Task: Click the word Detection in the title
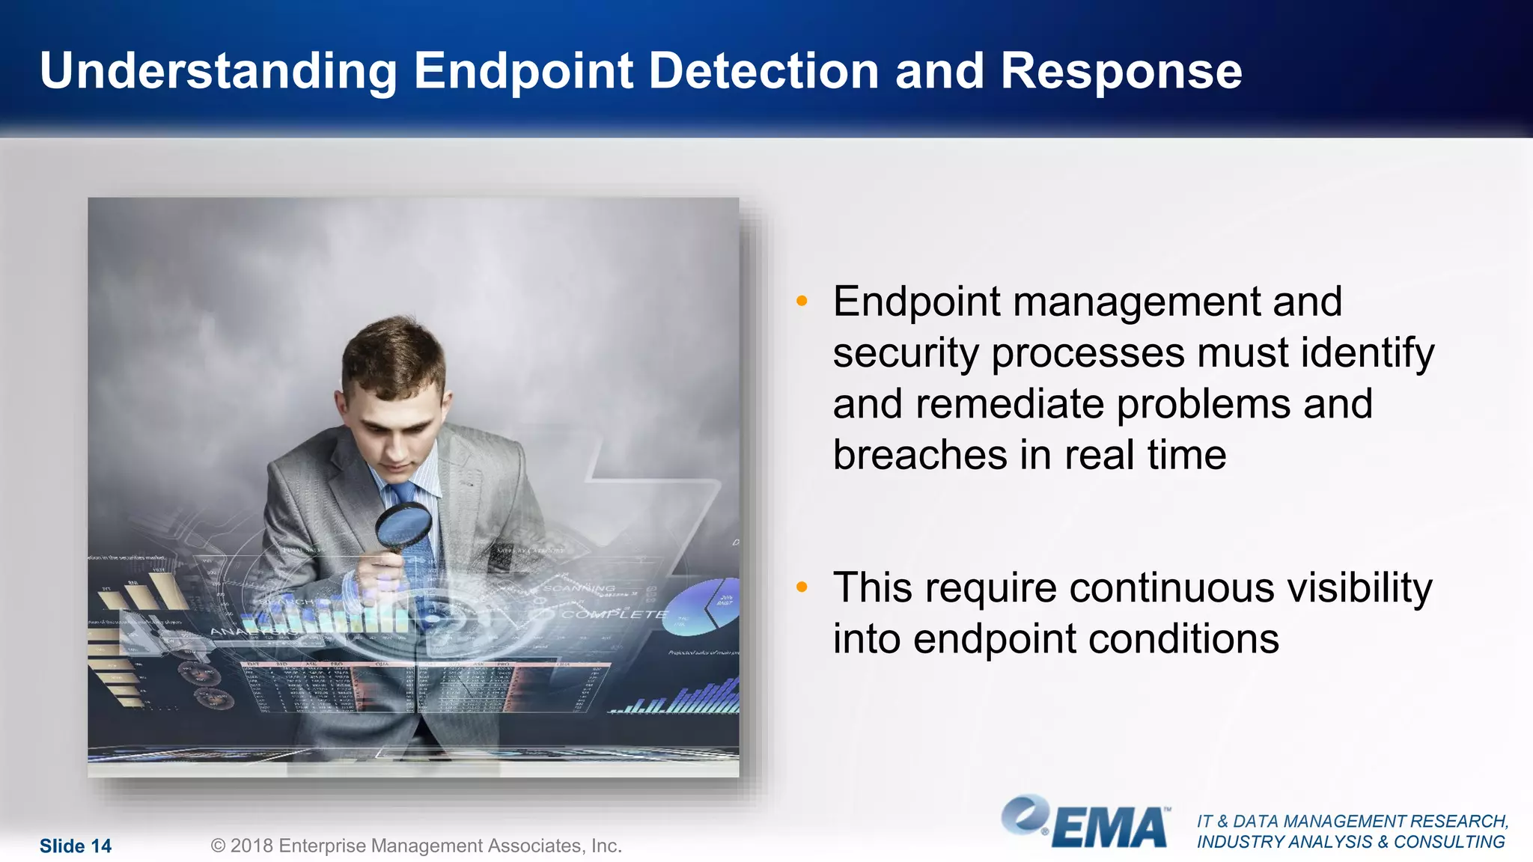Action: click(764, 71)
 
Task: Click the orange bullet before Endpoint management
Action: click(802, 302)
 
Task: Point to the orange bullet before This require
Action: click(802, 588)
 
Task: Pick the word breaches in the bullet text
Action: click(920, 455)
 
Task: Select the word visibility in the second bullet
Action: click(1359, 588)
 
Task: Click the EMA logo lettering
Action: click(1110, 828)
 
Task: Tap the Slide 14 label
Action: click(75, 846)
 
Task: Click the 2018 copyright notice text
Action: click(416, 846)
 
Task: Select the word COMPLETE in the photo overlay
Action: click(614, 614)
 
